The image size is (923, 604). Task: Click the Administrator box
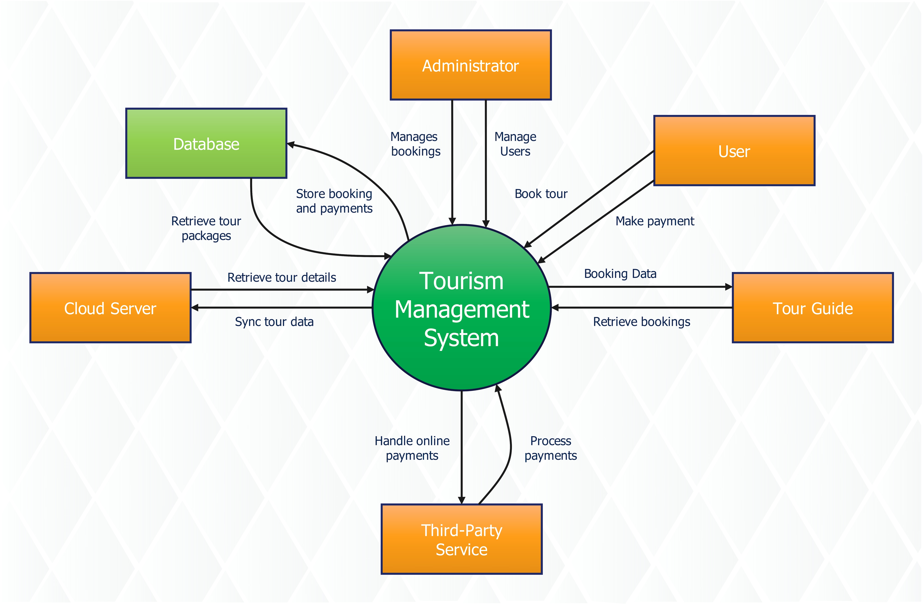click(470, 65)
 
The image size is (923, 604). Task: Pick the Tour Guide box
click(812, 308)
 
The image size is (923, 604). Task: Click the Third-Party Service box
click(461, 539)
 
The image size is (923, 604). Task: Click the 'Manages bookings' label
click(415, 144)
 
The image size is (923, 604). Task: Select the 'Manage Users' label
click(515, 144)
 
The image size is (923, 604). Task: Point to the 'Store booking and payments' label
click(334, 201)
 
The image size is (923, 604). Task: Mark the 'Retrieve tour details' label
click(282, 277)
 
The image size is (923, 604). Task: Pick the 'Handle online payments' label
click(412, 448)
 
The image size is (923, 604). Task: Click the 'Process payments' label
click(550, 448)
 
